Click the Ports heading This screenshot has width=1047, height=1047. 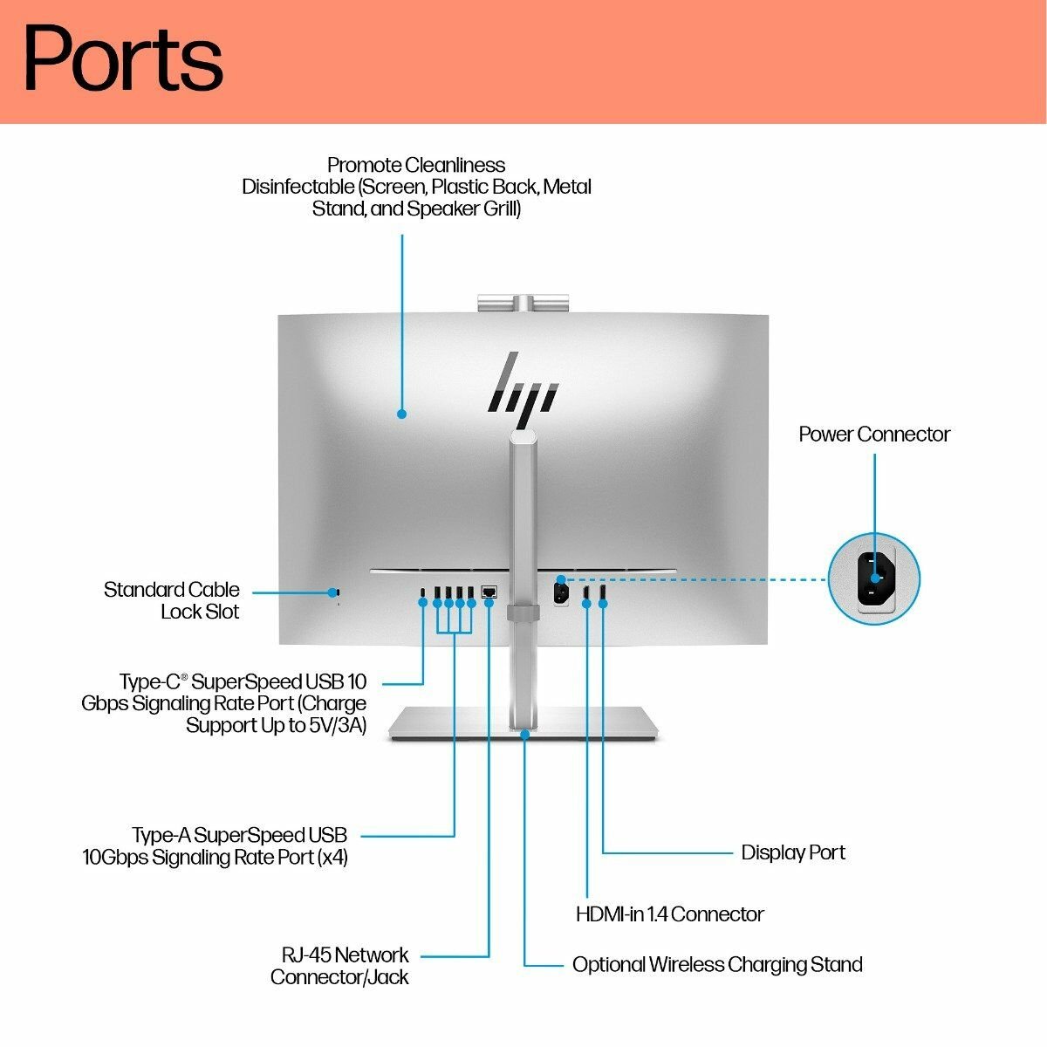pos(123,58)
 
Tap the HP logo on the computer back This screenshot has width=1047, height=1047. pos(523,388)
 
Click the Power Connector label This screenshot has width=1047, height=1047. pos(873,435)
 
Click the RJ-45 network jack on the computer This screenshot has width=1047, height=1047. pos(489,592)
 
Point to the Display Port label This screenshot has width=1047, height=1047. pos(793,852)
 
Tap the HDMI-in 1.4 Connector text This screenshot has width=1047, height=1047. pos(669,914)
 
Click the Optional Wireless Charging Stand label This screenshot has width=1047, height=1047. pos(717,964)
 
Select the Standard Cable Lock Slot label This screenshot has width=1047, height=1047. pos(172,600)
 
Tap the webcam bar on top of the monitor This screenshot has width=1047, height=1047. pos(523,303)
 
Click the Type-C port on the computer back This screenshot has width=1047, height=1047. pos(423,592)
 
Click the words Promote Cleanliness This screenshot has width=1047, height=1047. pos(416,165)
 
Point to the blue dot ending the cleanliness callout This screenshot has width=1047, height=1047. pos(402,414)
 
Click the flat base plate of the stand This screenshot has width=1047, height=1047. pos(524,724)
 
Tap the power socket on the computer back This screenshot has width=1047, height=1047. pos(561,592)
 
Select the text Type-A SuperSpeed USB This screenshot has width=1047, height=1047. pos(240,835)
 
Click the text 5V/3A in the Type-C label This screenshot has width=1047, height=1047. pos(336,725)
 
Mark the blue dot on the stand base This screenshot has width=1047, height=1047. pos(525,735)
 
